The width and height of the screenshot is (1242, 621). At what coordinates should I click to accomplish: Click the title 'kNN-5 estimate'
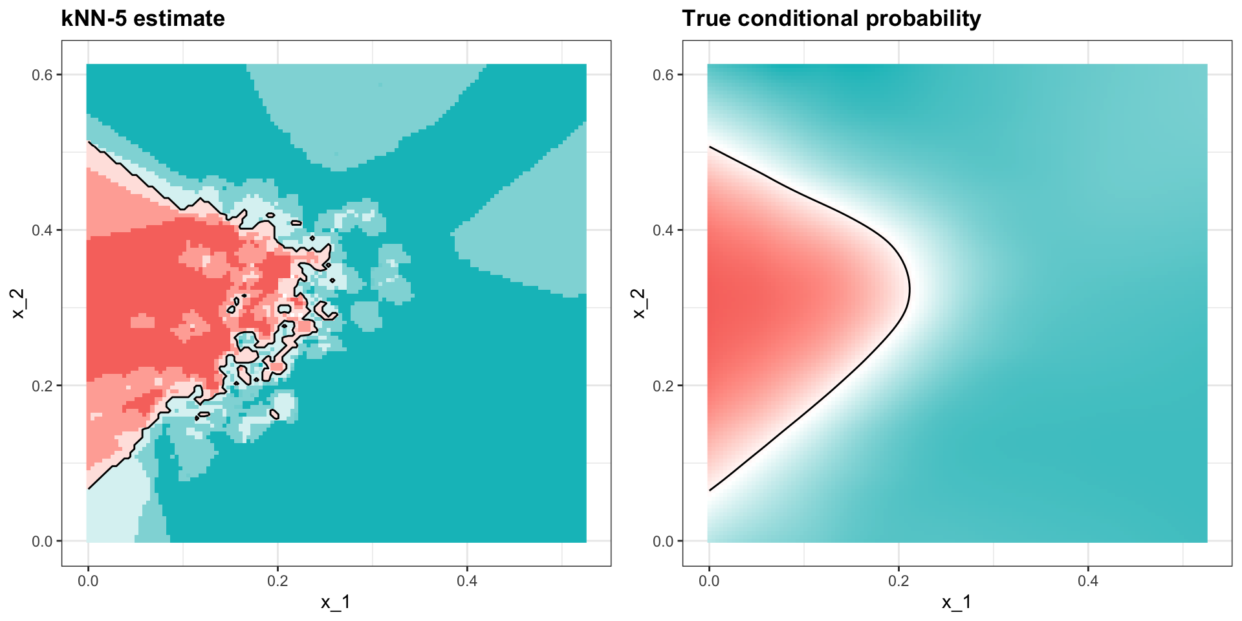pos(143,18)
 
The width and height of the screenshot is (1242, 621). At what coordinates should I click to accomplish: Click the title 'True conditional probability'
pos(831,18)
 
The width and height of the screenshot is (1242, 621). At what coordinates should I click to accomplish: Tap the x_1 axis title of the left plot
pos(336,603)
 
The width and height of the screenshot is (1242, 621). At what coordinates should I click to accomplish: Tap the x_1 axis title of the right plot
pos(957,603)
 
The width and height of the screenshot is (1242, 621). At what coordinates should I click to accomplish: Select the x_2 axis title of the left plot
pos(19,303)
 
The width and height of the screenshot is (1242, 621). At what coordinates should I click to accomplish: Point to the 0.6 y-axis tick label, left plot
pos(42,75)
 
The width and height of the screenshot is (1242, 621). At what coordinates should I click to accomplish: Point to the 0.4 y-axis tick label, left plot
pos(42,230)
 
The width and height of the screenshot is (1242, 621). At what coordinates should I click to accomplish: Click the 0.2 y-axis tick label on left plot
pos(42,386)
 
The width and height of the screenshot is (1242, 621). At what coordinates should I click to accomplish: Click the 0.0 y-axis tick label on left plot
pos(42,541)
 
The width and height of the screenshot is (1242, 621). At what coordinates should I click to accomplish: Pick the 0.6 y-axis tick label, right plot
pos(663,75)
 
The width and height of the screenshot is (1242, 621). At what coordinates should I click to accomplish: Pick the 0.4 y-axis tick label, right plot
pos(663,230)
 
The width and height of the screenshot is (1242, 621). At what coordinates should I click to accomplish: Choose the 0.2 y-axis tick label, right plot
pos(663,386)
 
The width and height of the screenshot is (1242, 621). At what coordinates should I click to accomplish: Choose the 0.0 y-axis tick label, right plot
pos(663,541)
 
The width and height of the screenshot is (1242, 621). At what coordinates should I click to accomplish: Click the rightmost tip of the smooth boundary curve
pos(910,290)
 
